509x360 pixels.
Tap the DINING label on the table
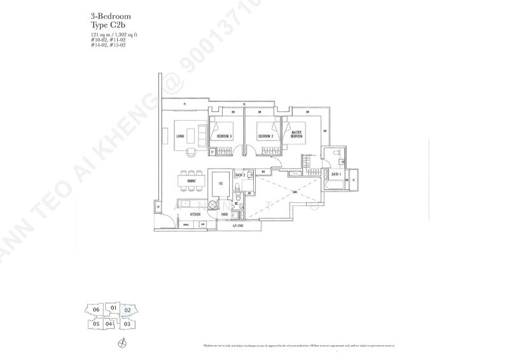(x=192, y=181)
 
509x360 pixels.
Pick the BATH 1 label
(x=336, y=174)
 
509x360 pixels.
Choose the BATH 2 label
(x=240, y=174)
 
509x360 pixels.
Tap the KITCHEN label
(x=195, y=215)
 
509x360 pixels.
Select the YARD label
(x=225, y=215)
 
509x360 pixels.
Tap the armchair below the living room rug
(x=190, y=151)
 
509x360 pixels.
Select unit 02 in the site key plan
(x=127, y=310)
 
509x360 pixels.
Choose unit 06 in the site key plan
(x=96, y=310)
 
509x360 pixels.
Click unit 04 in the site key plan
(x=109, y=324)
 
